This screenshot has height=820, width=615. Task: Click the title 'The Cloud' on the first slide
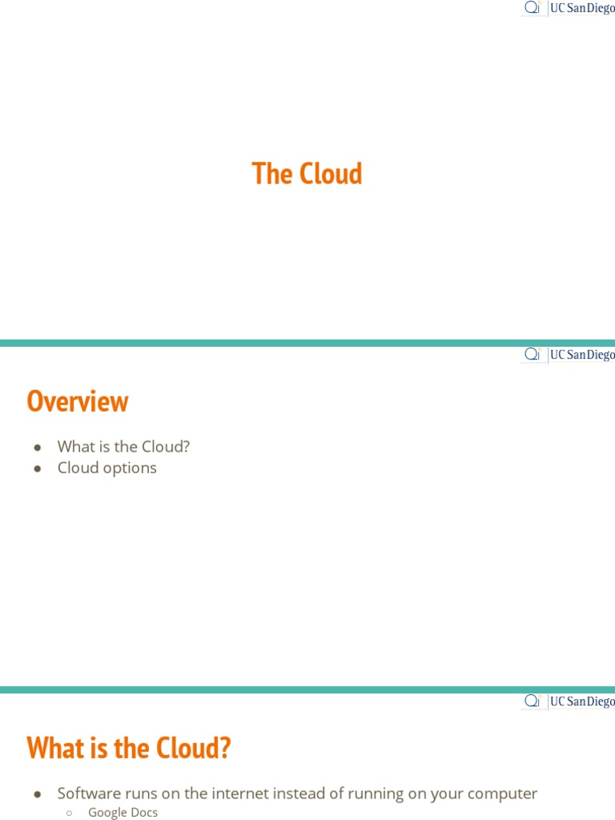[x=307, y=174]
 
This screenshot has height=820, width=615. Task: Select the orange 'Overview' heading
[x=78, y=401]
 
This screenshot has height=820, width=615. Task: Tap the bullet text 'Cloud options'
[x=107, y=468]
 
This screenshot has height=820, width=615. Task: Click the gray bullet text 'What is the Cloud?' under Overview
[x=123, y=446]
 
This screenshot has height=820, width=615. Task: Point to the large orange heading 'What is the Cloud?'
[x=129, y=748]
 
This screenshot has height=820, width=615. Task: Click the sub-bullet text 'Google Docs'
[x=123, y=812]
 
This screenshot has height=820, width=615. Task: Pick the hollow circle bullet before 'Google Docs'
[x=69, y=813]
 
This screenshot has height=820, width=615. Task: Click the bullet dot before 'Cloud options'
[x=37, y=468]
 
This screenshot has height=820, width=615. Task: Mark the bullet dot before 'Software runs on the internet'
[x=37, y=794]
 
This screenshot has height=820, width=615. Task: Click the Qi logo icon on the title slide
[x=533, y=7]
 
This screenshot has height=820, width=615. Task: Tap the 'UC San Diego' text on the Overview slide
[x=582, y=355]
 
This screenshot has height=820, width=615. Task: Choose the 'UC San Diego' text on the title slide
[x=582, y=8]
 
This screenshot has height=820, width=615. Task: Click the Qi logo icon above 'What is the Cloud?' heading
[x=533, y=700]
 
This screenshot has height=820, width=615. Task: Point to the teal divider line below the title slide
[x=307, y=343]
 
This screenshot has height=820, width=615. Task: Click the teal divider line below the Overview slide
[x=307, y=689]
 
